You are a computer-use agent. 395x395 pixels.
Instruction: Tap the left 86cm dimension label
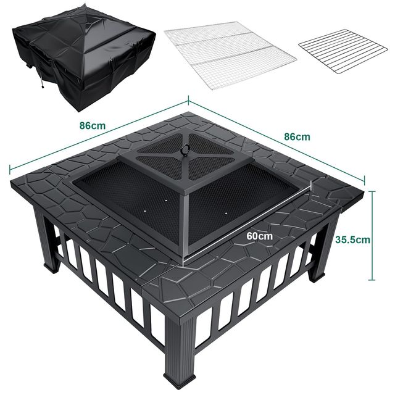point(93,125)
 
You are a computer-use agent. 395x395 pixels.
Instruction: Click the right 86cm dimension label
point(297,136)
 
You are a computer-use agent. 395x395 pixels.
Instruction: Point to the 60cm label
point(259,236)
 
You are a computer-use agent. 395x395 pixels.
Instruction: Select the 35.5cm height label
point(352,239)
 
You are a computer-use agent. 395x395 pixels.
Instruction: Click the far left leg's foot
point(52,267)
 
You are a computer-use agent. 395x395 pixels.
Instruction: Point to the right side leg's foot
point(317,277)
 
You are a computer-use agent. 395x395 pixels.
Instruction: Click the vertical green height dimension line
point(372,236)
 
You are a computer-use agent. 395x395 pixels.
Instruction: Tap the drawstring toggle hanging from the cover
point(43,86)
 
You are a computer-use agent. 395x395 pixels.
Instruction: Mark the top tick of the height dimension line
point(372,192)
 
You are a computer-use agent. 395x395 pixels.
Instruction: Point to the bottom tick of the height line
point(372,280)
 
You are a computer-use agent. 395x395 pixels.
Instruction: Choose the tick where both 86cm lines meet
point(188,100)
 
